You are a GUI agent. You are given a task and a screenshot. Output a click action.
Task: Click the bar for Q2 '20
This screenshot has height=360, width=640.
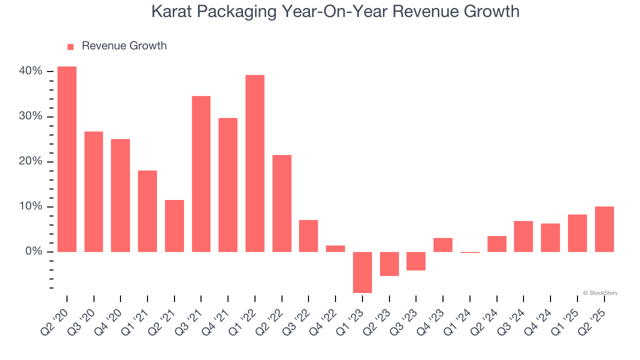point(67,159)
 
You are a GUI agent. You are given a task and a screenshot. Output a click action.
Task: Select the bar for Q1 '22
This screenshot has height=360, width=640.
point(255,163)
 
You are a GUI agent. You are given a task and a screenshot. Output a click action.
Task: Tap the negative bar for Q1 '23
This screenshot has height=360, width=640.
point(362,272)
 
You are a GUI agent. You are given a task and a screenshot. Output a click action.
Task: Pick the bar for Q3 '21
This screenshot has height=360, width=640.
point(201,174)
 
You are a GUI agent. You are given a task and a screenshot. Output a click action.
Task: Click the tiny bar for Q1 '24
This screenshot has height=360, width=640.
point(470,252)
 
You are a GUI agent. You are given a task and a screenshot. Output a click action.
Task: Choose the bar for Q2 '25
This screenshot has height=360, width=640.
point(604,229)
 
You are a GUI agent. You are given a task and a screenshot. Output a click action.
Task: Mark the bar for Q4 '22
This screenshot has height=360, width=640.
point(335,248)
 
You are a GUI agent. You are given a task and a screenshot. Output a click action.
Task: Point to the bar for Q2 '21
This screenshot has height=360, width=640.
point(174,226)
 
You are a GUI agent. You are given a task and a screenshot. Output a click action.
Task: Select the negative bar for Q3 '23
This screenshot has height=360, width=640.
point(416,261)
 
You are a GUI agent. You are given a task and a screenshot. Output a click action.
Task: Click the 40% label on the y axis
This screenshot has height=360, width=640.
point(30,71)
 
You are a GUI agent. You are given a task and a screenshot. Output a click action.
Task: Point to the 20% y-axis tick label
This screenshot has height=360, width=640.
point(30,161)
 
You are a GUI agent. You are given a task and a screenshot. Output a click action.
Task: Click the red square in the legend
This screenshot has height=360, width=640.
point(70,46)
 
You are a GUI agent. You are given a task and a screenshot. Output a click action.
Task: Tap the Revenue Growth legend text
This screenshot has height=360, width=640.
point(124,46)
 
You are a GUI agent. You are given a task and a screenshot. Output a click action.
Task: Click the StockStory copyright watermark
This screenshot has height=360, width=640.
point(600,293)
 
